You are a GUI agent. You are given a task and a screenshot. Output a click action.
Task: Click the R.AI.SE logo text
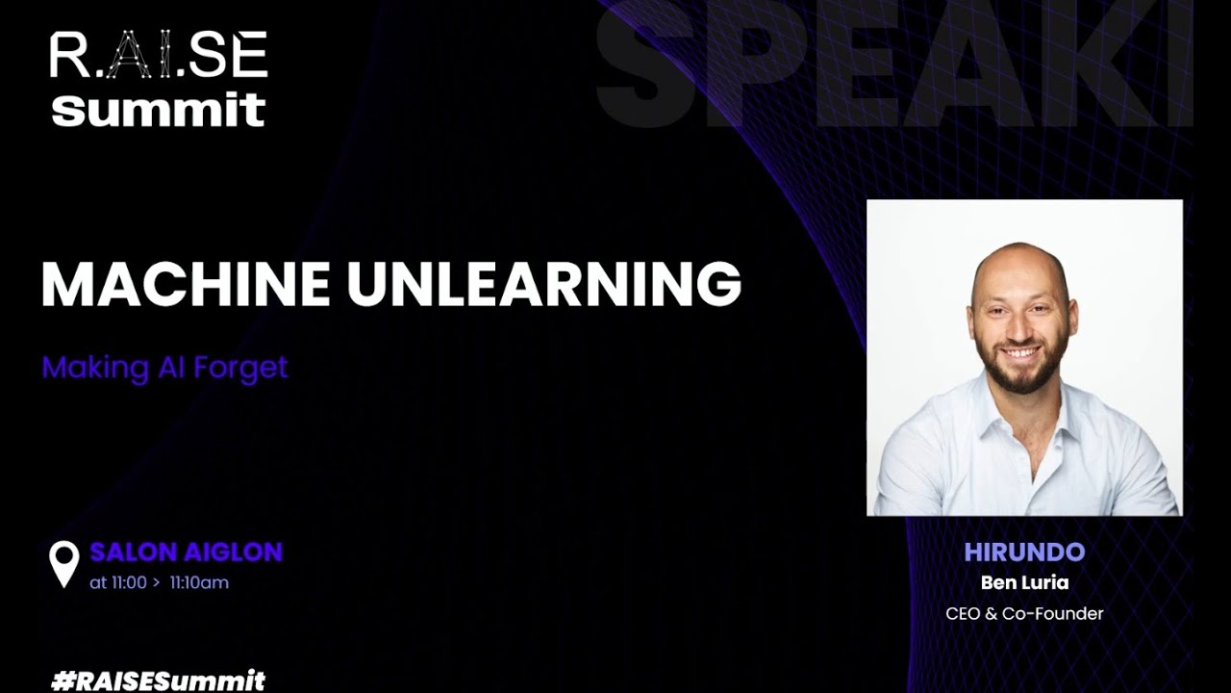click(x=159, y=56)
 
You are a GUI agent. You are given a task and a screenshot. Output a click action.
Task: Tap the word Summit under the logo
click(x=159, y=109)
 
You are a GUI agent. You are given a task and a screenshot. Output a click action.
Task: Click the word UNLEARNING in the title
click(x=544, y=284)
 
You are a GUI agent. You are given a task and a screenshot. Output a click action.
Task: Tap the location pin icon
click(x=64, y=563)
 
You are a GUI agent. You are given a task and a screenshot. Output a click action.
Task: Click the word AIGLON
click(x=233, y=552)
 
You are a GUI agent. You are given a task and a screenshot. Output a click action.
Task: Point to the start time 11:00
click(x=128, y=582)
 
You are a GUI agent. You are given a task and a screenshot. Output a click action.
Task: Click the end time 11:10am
click(x=199, y=582)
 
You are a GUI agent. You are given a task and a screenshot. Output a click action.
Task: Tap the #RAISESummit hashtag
click(x=158, y=680)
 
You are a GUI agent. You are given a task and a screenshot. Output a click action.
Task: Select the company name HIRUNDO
click(x=1024, y=552)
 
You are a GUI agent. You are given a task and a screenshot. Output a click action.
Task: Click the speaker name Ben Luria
click(x=1024, y=582)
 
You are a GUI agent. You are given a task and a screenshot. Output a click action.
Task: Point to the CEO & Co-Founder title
click(x=1024, y=613)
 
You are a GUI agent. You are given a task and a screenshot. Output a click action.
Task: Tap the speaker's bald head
click(x=1017, y=262)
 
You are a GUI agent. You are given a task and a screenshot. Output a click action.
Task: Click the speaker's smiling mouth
click(x=1020, y=353)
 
